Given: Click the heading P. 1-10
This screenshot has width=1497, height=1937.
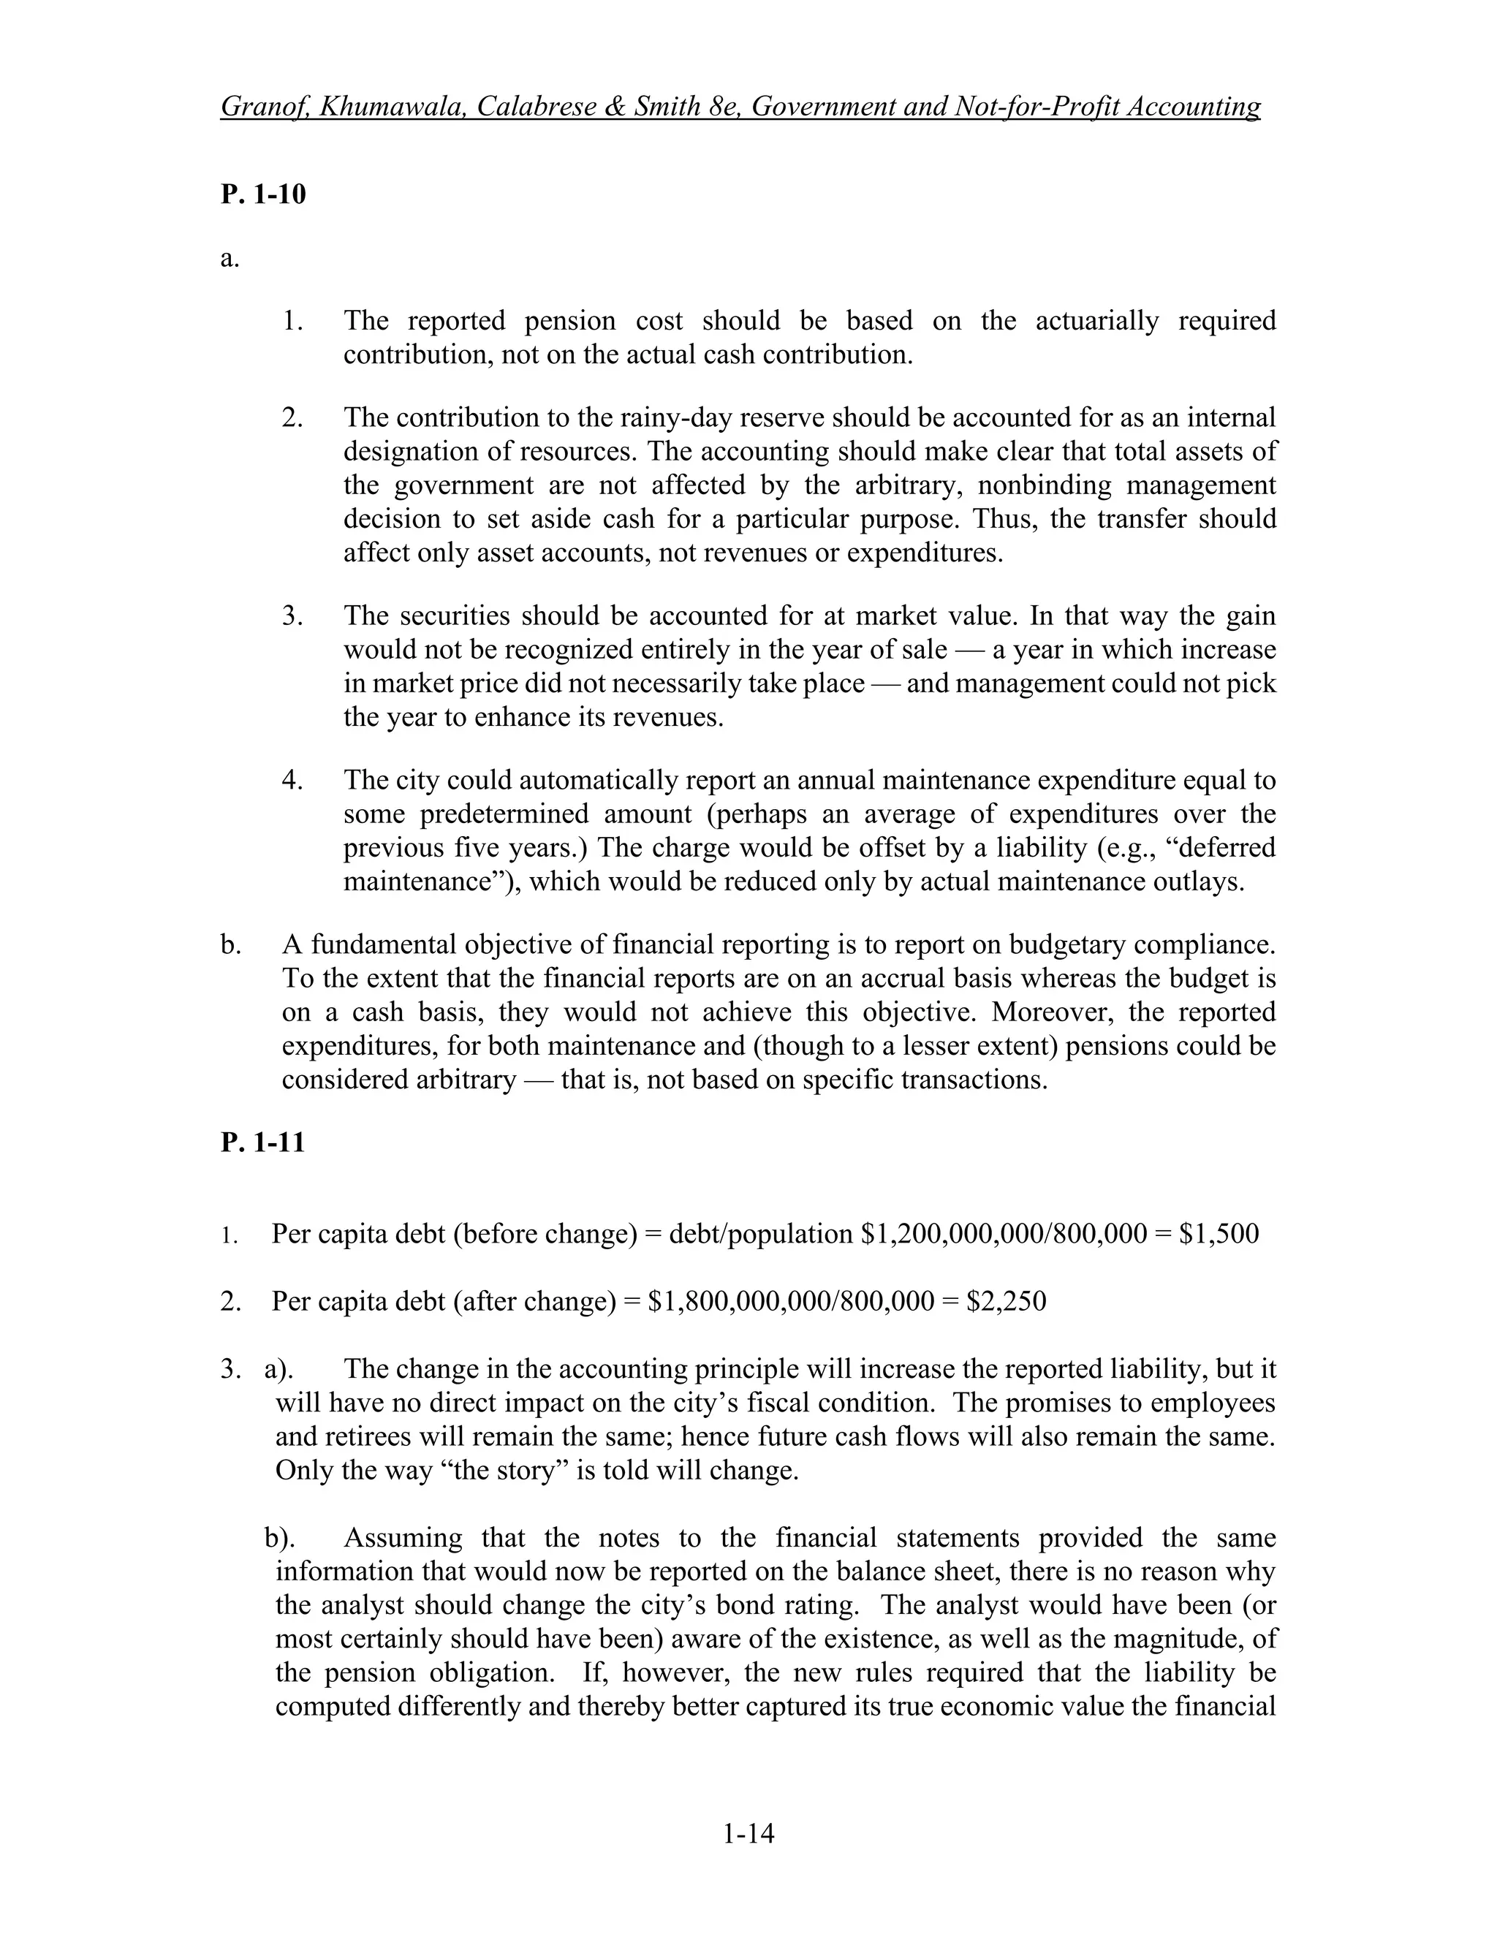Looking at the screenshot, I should click(262, 194).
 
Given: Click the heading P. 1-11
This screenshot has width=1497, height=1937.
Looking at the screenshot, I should click(262, 1142).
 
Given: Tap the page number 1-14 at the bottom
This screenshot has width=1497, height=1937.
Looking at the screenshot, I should click(748, 1832).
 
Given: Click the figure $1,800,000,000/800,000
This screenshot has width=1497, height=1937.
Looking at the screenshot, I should click(791, 1301).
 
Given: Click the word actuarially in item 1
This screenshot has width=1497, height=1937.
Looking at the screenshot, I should click(1096, 320).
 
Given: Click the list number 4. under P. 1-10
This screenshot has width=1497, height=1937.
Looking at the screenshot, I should click(292, 781).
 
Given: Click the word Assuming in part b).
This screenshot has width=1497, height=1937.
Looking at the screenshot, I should click(403, 1537).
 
